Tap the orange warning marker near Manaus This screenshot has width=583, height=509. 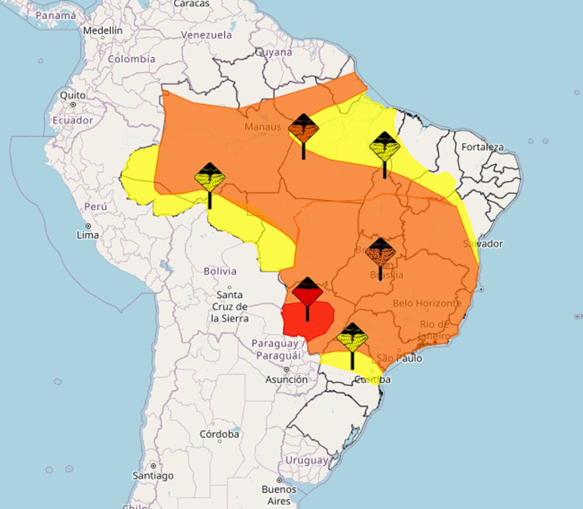click(303, 129)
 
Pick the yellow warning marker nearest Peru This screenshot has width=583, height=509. click(210, 177)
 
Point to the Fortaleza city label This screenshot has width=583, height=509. click(482, 147)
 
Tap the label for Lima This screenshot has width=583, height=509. click(88, 235)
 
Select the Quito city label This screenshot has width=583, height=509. click(72, 95)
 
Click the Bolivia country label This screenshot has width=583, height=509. click(220, 271)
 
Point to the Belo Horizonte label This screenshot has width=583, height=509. click(427, 303)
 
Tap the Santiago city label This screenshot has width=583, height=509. click(153, 475)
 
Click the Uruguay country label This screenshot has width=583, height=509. click(306, 460)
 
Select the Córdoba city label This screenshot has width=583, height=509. click(219, 434)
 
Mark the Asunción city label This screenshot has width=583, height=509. click(287, 379)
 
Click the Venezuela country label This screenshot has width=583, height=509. click(206, 35)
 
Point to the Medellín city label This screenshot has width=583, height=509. click(102, 30)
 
